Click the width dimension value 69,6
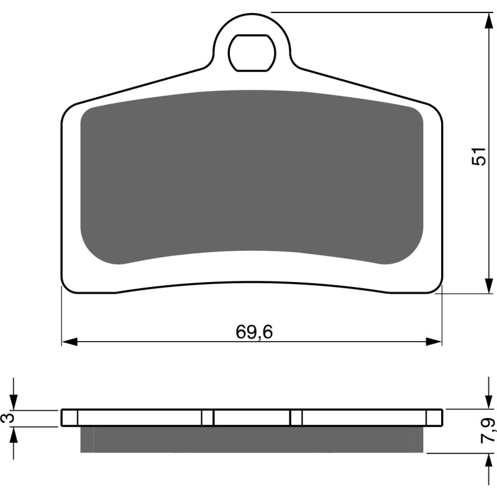(254, 332)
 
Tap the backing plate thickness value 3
(7, 419)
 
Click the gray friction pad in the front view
(252, 177)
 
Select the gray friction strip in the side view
(252, 439)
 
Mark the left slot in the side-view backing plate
(207, 417)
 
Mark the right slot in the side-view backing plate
(296, 417)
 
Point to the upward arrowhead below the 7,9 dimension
(485, 460)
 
